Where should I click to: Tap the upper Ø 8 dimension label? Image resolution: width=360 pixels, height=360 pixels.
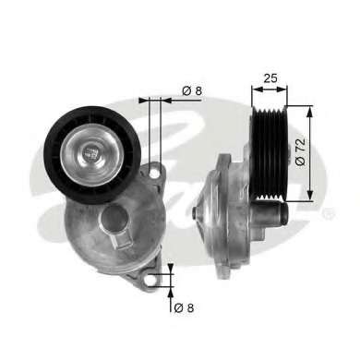[x=192, y=90]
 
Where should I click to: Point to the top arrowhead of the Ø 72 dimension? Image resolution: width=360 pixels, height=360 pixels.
[x=309, y=110]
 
